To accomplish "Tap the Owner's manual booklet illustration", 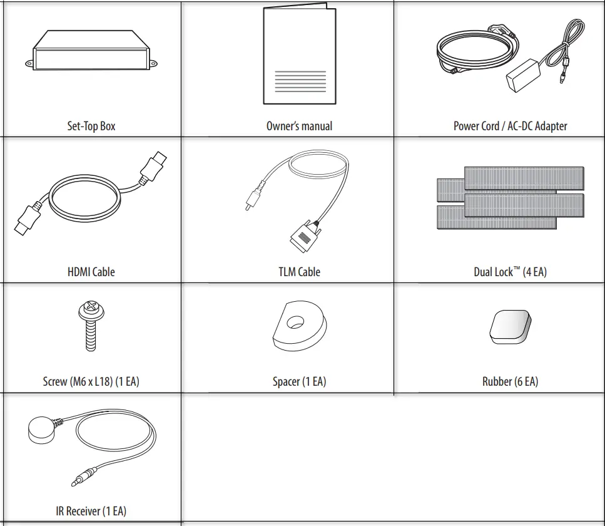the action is (x=300, y=54).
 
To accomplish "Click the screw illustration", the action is (x=90, y=326).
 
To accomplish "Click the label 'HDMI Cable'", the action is (x=91, y=272).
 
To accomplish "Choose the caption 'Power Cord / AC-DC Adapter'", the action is (x=510, y=126).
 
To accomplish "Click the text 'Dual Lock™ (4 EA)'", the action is (x=510, y=272).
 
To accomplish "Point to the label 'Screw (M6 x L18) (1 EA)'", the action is (x=91, y=381).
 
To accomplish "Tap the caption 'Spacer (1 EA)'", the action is (x=299, y=381).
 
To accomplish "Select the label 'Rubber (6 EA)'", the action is (x=510, y=381).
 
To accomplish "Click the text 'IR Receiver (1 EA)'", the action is (x=91, y=511).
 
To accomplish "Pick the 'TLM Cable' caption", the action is (x=299, y=272).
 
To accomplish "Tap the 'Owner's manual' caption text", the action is (x=299, y=126).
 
